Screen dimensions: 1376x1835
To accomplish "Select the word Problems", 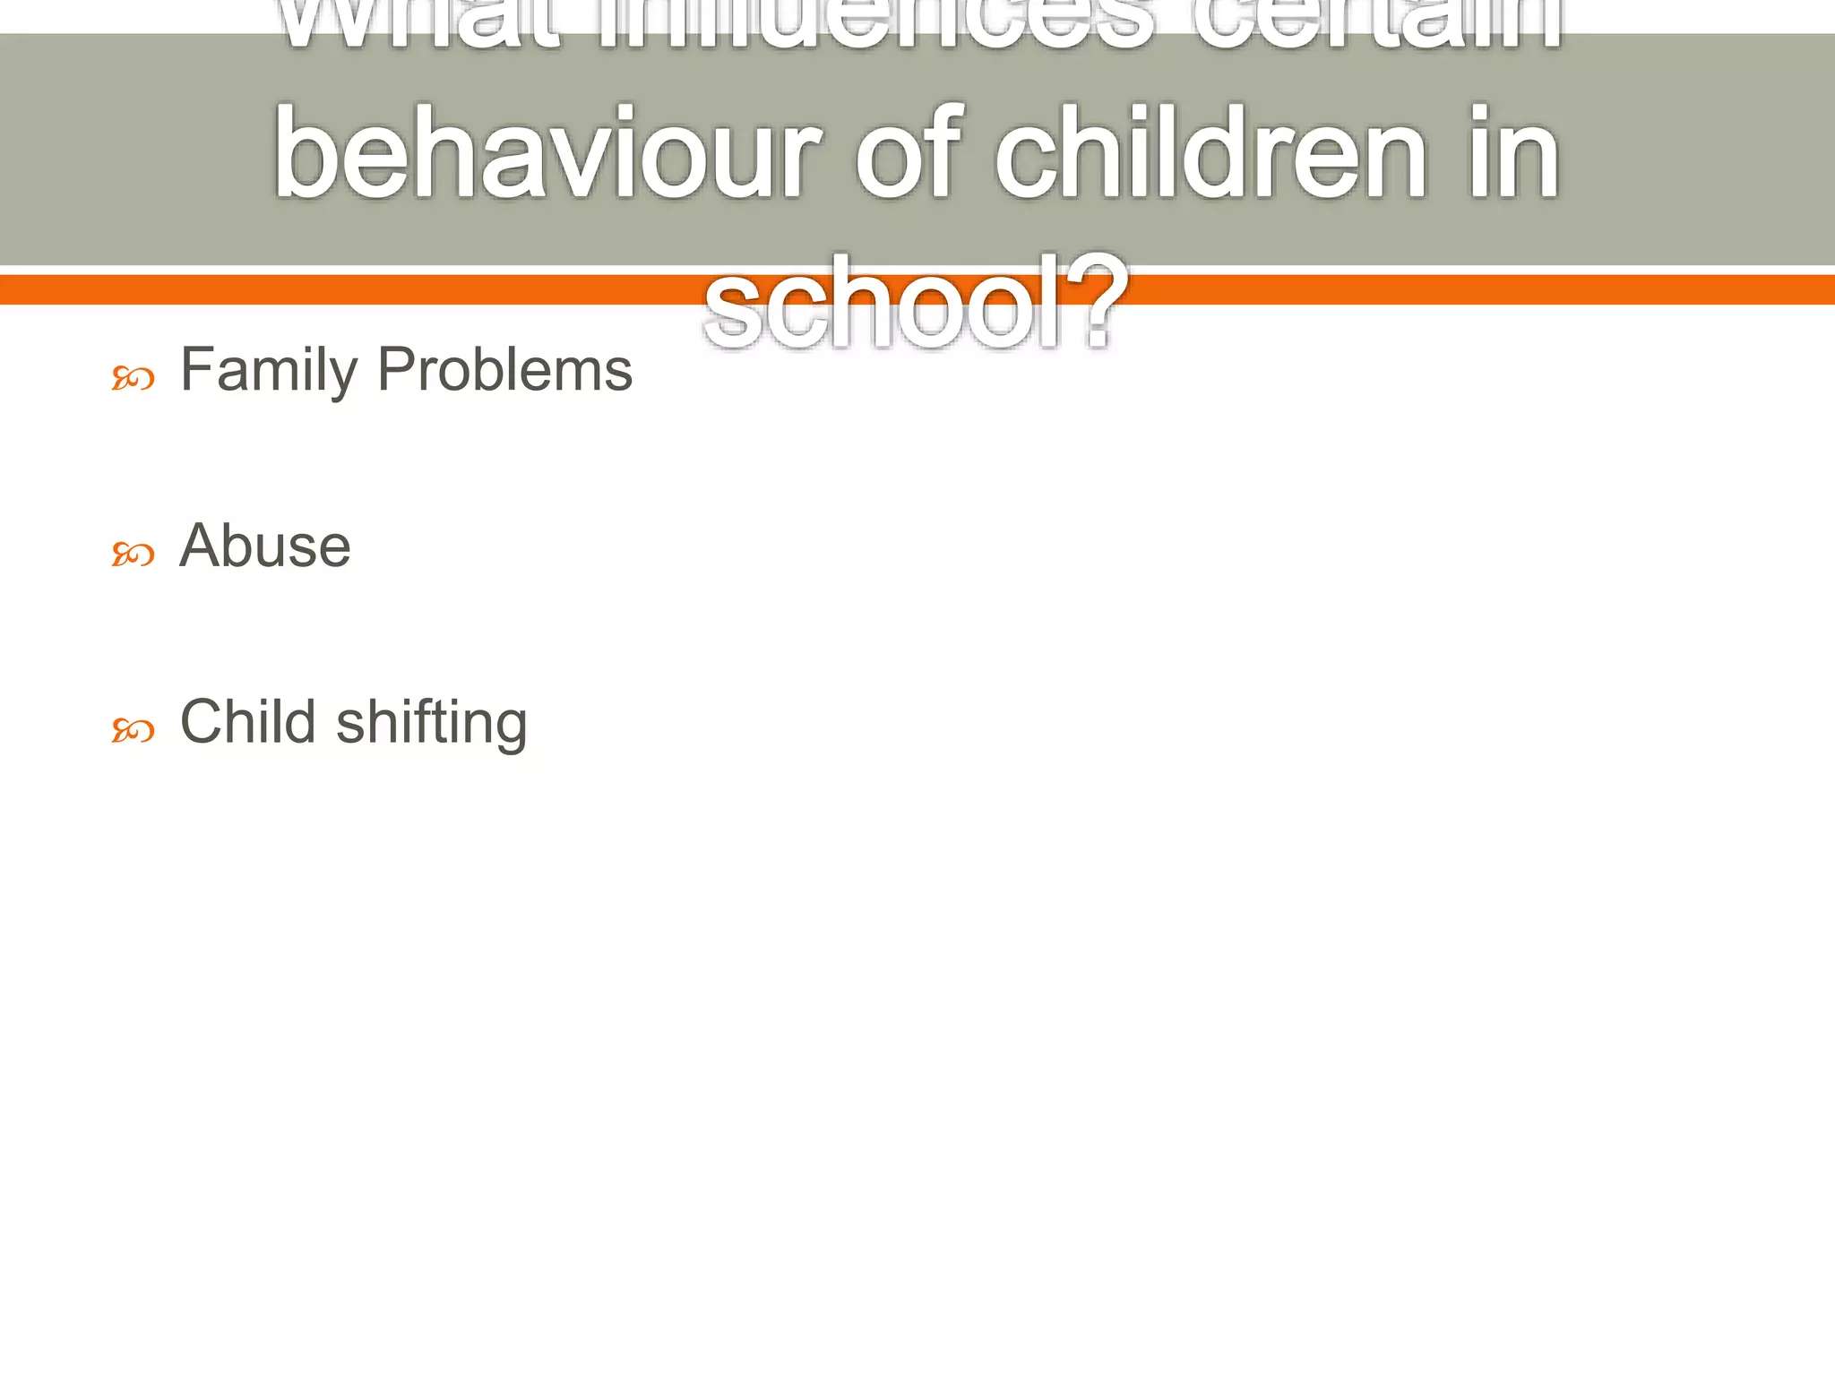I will pos(504,370).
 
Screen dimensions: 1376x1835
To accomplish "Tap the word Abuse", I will pos(265,546).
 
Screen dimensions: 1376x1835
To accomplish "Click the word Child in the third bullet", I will pos(248,722).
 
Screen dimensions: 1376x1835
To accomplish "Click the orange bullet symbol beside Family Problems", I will pos(133,379).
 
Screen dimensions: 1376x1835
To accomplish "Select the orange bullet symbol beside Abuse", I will pos(133,555).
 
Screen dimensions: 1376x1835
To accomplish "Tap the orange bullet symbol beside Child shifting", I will pos(133,731).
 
